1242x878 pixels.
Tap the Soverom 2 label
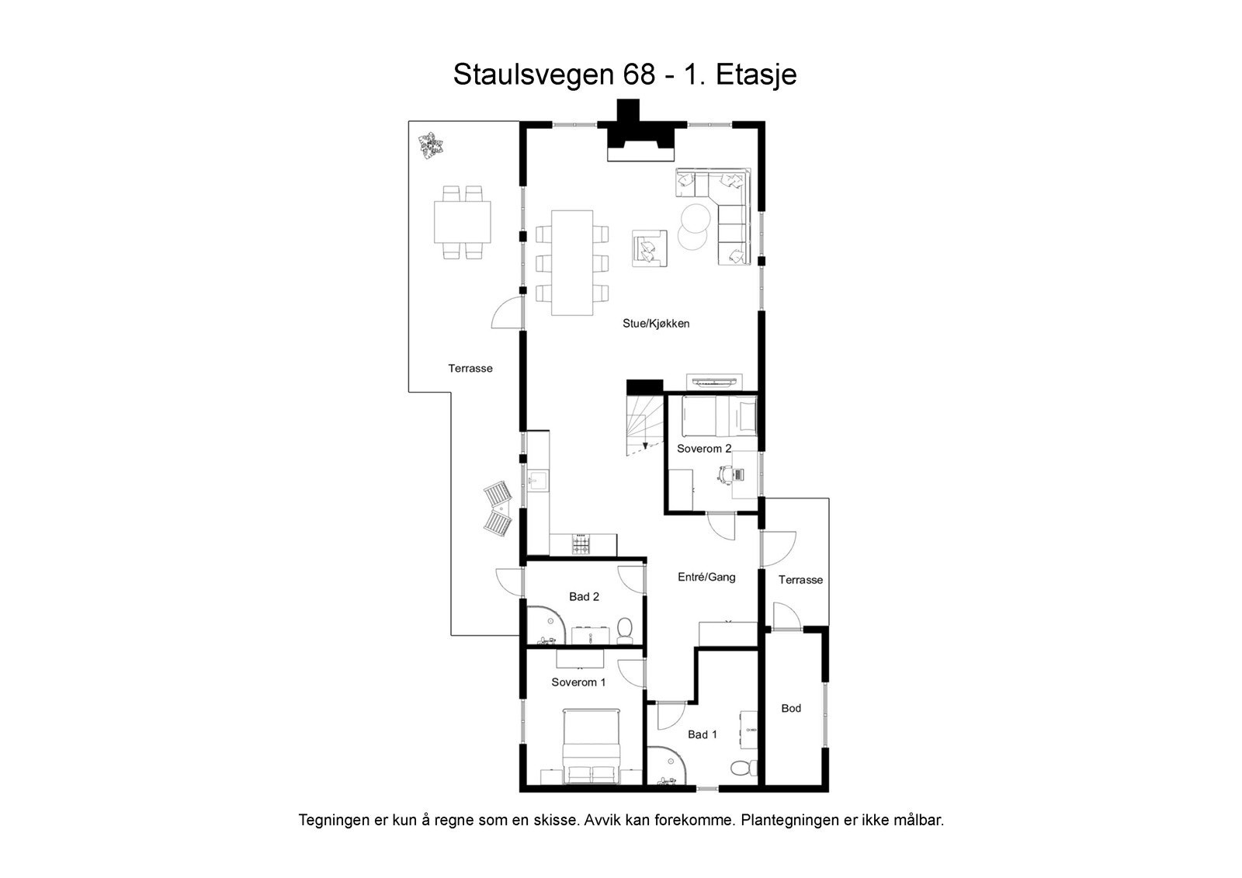pyautogui.click(x=704, y=449)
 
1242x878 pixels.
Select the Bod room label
pyautogui.click(x=791, y=708)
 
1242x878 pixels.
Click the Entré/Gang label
pyautogui.click(x=706, y=577)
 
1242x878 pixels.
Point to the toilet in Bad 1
pyautogui.click(x=741, y=768)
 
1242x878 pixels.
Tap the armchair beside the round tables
pyautogui.click(x=650, y=248)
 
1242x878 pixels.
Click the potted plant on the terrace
pyautogui.click(x=428, y=146)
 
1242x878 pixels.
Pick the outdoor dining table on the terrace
pyautogui.click(x=463, y=222)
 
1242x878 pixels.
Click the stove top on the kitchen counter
pyautogui.click(x=581, y=545)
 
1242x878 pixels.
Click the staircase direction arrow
pyautogui.click(x=645, y=445)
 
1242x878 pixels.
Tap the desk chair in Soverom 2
pyautogui.click(x=726, y=474)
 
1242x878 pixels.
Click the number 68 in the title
pyautogui.click(x=640, y=75)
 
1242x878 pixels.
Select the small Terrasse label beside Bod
pyautogui.click(x=800, y=580)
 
